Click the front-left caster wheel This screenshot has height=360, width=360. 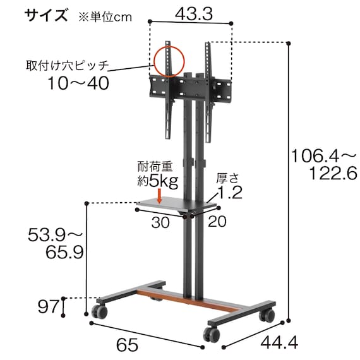(99, 311)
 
